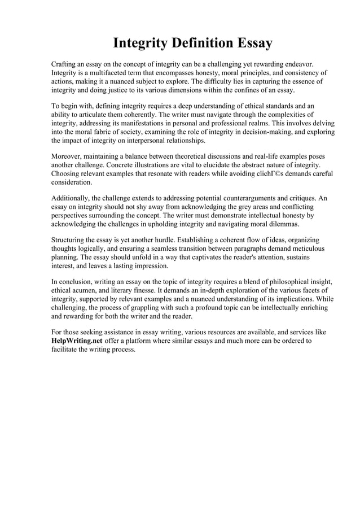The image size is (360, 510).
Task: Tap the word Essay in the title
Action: [x=253, y=43]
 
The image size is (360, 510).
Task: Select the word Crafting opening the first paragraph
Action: [x=65, y=64]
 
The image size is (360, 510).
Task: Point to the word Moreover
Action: [x=67, y=156]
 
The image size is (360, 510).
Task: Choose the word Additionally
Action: [x=72, y=198]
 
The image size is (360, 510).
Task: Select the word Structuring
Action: [x=70, y=240]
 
